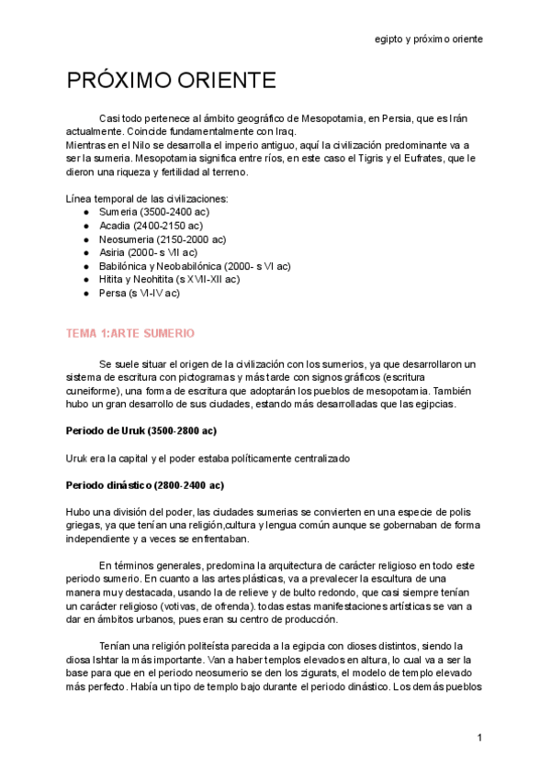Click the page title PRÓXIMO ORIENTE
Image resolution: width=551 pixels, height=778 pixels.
(x=171, y=81)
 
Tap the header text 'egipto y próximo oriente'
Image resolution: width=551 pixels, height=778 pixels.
(x=429, y=39)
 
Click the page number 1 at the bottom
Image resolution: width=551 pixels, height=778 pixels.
(x=479, y=738)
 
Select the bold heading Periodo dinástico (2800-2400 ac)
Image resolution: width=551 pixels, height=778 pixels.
(x=145, y=484)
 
